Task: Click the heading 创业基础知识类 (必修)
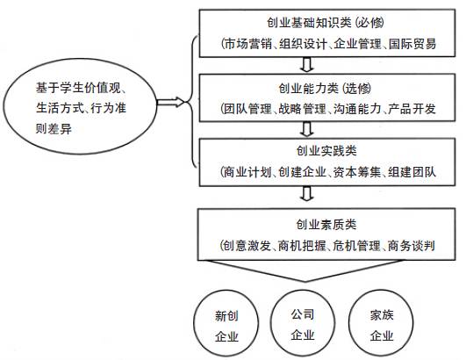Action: point(326,23)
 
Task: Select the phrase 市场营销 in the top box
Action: point(247,44)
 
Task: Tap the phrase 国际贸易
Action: point(412,44)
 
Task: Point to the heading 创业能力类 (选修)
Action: point(325,89)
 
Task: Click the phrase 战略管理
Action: point(302,109)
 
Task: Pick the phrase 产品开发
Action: point(412,109)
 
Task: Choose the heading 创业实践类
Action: point(326,151)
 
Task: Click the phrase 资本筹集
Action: point(356,172)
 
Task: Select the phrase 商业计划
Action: point(247,172)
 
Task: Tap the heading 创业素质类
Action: point(326,225)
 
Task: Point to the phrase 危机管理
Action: point(356,246)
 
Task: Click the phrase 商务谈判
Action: point(412,246)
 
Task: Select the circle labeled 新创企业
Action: point(226,323)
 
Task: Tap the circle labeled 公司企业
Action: point(303,323)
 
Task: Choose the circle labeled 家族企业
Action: point(381,323)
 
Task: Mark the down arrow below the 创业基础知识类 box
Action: point(307,64)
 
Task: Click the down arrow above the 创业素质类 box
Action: point(307,194)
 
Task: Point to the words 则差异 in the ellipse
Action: point(54,129)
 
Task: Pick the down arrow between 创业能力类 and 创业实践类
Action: point(307,129)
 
